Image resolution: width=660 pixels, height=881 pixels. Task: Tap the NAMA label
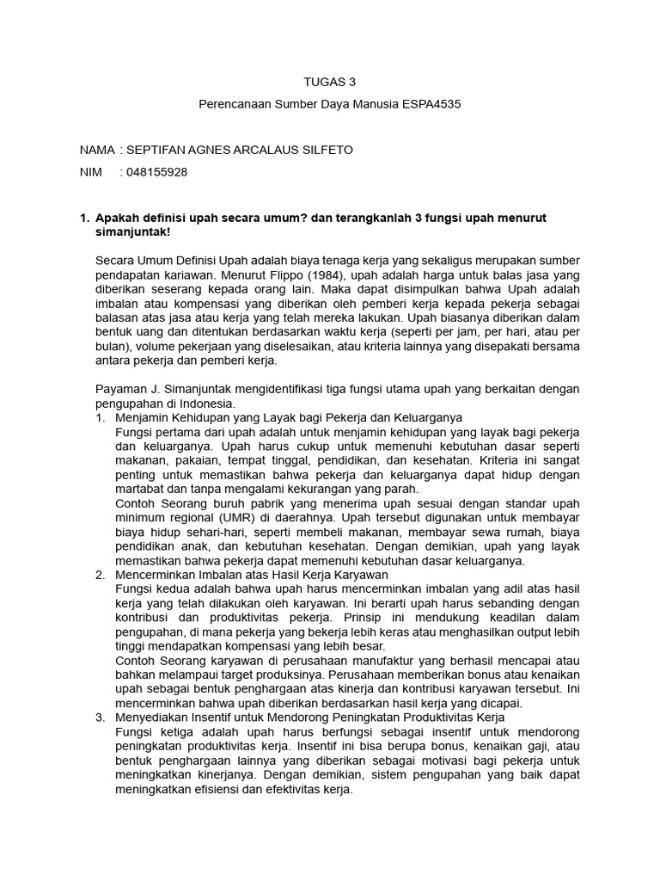click(x=96, y=150)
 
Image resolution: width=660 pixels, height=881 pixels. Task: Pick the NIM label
click(x=91, y=172)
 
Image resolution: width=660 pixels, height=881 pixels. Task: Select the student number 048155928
click(x=156, y=172)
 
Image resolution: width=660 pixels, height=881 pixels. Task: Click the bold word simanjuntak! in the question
click(x=132, y=232)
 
